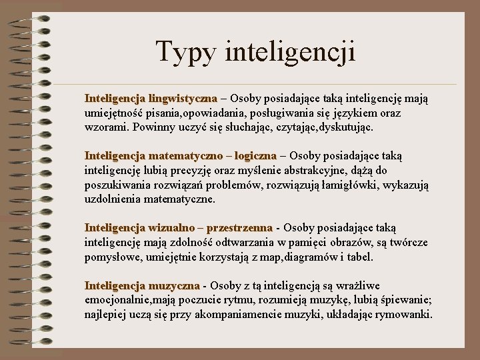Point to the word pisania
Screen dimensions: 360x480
click(x=161, y=113)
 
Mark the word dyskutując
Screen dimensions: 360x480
click(x=362, y=127)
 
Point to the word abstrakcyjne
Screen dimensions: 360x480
click(x=298, y=170)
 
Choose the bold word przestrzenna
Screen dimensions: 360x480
click(x=240, y=228)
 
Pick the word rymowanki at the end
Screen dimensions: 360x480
click(x=404, y=314)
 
